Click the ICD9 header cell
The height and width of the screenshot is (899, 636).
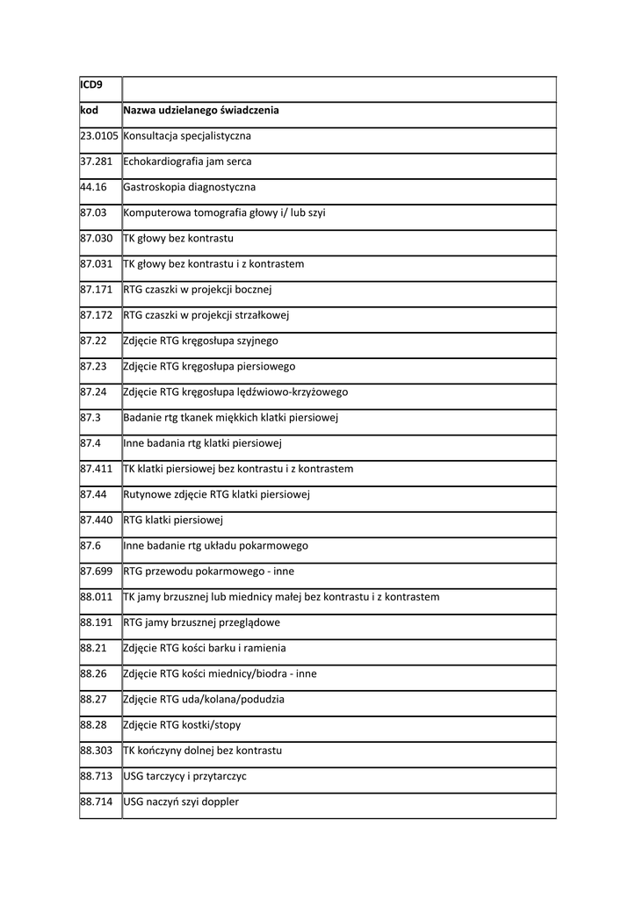pyautogui.click(x=90, y=85)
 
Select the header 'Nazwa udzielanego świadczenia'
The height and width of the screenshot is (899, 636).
pyautogui.click(x=201, y=111)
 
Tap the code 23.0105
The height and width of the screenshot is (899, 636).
pyautogui.click(x=98, y=136)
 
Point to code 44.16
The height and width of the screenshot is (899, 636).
pyautogui.click(x=93, y=187)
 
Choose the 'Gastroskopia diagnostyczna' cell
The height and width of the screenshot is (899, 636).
pyautogui.click(x=190, y=187)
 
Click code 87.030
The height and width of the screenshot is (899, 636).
pyautogui.click(x=96, y=238)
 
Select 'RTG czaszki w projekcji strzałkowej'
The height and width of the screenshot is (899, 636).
pyautogui.click(x=206, y=315)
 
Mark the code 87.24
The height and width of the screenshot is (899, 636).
pyautogui.click(x=93, y=392)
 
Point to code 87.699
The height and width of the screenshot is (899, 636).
pyautogui.click(x=96, y=572)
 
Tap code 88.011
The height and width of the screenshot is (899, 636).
pyautogui.click(x=96, y=597)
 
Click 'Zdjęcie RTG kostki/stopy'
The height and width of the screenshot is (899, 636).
pyautogui.click(x=182, y=725)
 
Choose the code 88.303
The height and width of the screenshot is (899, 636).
pyautogui.click(x=96, y=751)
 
